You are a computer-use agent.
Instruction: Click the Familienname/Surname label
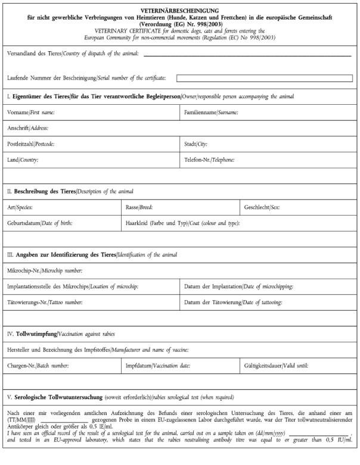(211, 112)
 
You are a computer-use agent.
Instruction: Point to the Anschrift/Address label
(27, 128)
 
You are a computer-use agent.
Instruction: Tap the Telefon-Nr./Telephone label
(209, 160)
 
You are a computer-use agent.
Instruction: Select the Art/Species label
(20, 208)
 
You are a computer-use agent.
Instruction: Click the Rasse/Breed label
(139, 208)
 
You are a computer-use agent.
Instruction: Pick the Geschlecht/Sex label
(262, 208)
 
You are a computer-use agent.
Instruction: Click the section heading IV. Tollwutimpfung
(36, 335)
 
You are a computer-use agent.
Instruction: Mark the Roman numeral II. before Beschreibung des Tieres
(10, 192)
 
